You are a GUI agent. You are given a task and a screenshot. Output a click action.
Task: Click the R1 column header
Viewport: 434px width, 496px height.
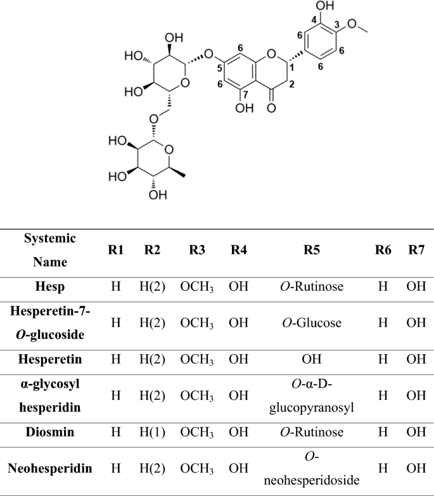coord(115,250)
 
